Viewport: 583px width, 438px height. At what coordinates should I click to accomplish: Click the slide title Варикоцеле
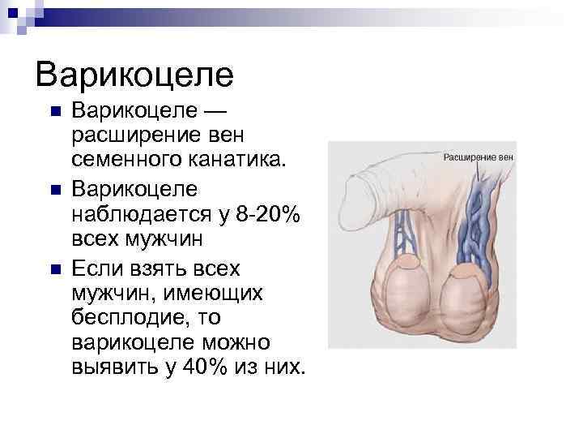click(x=134, y=75)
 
